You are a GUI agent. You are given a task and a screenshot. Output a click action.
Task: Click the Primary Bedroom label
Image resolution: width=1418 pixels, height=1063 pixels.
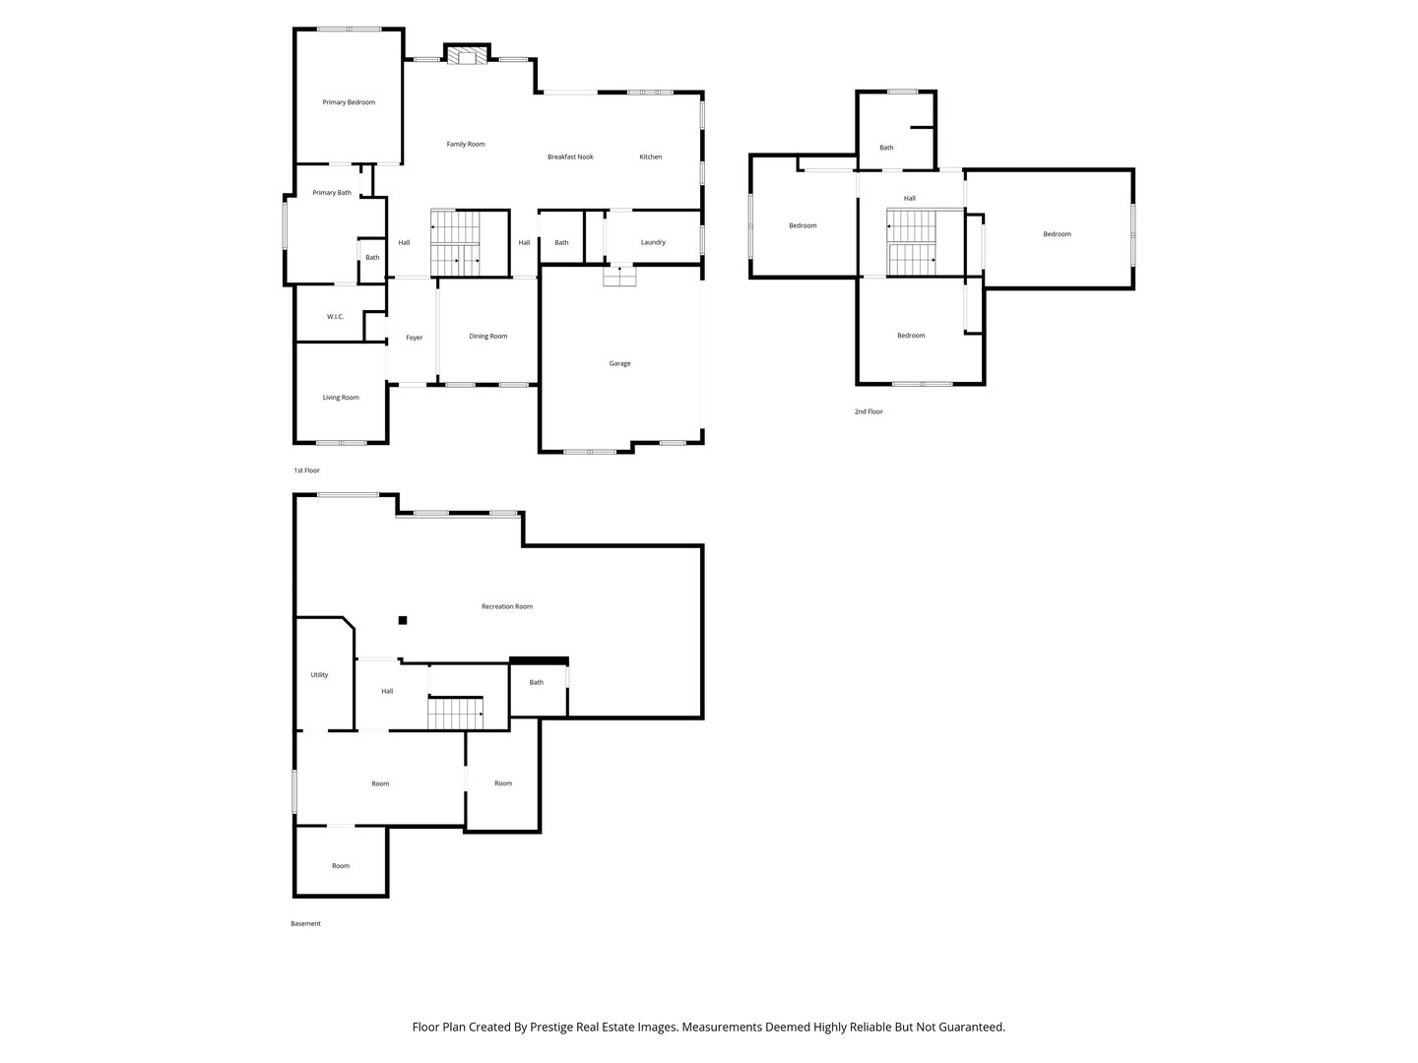click(349, 102)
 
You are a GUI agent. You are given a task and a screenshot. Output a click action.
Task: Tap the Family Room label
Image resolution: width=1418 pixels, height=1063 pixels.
click(466, 145)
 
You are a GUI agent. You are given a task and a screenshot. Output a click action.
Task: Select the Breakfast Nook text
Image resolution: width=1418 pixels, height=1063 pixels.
click(570, 157)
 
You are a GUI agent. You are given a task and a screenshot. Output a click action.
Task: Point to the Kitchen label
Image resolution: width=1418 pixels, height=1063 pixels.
click(651, 157)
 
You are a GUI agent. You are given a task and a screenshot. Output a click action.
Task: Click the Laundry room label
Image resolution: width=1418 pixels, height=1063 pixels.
click(653, 242)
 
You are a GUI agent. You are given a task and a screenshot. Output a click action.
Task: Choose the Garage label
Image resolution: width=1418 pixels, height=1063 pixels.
click(619, 364)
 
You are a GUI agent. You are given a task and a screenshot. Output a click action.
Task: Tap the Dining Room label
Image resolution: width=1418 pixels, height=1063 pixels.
click(487, 337)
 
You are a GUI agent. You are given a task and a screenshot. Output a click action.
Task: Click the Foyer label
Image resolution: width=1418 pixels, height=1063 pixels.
click(415, 338)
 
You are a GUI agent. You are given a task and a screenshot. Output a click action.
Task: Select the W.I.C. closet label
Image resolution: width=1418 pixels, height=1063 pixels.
click(335, 317)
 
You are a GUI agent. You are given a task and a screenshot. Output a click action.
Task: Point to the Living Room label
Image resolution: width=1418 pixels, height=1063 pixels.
click(341, 398)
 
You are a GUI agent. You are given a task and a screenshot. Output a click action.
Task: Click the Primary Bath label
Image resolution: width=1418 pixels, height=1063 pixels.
click(332, 193)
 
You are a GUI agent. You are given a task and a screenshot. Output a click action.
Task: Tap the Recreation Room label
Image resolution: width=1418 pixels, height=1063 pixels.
click(507, 606)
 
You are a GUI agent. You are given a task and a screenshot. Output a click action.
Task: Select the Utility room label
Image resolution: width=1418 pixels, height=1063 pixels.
click(319, 675)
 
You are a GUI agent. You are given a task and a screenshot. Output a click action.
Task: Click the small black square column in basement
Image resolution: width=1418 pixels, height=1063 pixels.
click(403, 620)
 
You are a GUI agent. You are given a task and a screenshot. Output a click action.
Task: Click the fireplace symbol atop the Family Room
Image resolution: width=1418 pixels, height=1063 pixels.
click(467, 56)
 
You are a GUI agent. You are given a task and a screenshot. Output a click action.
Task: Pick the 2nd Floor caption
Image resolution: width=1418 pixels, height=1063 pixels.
click(869, 411)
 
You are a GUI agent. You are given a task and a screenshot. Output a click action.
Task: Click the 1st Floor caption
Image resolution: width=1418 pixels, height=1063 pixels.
click(306, 470)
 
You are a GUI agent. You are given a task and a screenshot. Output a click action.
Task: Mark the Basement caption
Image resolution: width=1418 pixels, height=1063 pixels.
click(305, 923)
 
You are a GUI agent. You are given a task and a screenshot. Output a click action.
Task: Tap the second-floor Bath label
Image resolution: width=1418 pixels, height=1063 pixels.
click(886, 148)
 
